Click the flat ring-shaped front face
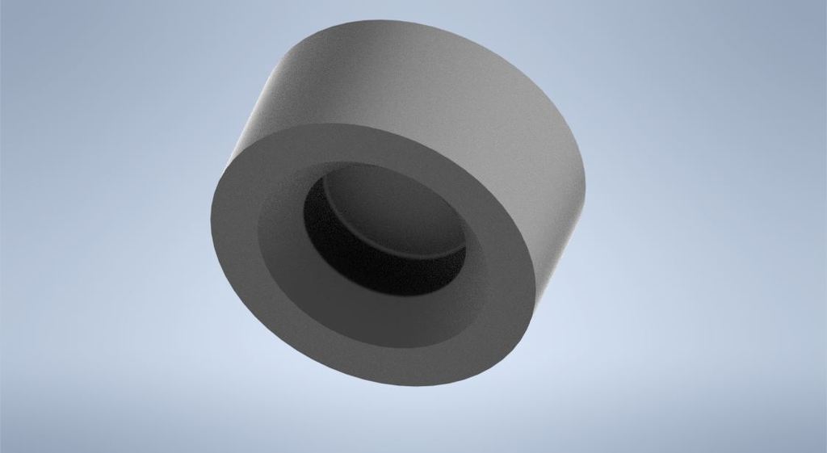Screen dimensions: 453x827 242,266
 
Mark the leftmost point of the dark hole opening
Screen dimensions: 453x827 304,212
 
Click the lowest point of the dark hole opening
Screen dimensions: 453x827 404,297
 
